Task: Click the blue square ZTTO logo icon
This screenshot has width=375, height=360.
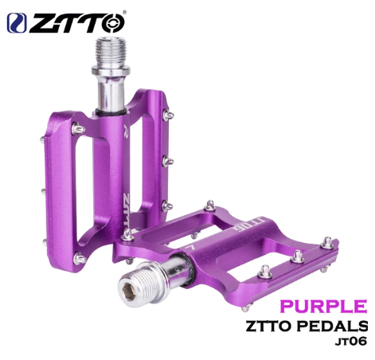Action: (x=17, y=23)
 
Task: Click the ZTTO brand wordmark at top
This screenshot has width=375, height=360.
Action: (x=76, y=23)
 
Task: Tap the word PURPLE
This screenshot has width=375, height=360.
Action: (x=323, y=306)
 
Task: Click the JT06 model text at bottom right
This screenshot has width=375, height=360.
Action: (x=351, y=341)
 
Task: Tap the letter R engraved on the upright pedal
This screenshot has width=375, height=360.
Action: (x=126, y=130)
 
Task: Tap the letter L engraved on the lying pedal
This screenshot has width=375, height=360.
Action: (x=189, y=248)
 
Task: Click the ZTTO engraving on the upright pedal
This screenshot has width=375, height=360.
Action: (x=127, y=209)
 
